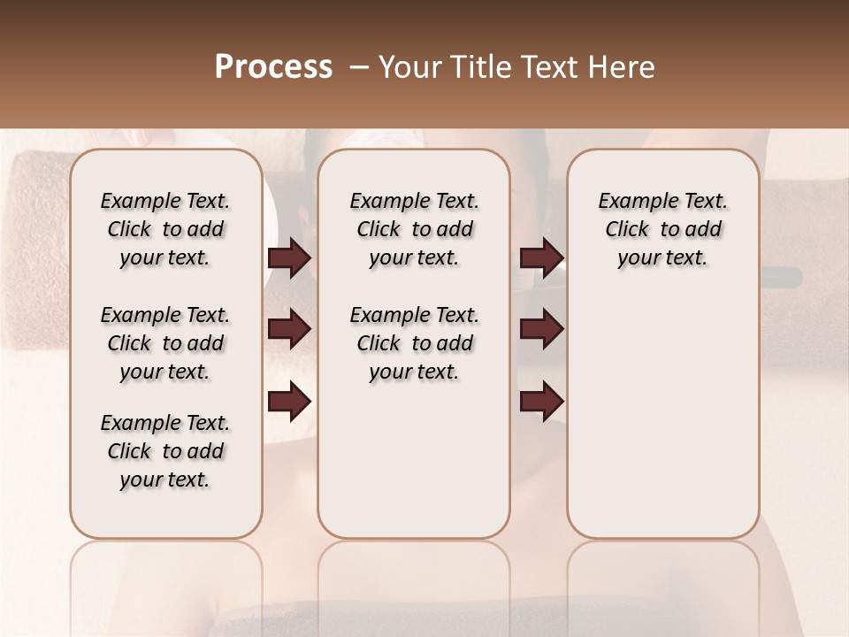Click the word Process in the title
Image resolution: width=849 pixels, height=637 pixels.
pos(273,67)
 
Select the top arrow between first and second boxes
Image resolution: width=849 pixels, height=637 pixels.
pos(289,258)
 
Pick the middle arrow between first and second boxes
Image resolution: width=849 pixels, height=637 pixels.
pos(289,329)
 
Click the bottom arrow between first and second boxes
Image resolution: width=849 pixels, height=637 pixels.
pos(289,401)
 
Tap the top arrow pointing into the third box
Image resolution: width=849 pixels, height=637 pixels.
pos(541,258)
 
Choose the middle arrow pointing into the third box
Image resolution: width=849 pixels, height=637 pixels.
pos(541,329)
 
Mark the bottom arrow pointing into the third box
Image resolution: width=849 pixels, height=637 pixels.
pos(541,401)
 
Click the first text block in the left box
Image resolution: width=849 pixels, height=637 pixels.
pos(165,229)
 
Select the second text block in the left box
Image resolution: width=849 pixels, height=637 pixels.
pos(165,343)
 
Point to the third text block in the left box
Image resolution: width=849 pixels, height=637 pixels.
pos(165,451)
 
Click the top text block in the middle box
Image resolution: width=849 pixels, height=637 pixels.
pos(414,229)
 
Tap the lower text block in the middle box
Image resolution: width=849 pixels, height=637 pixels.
pos(414,343)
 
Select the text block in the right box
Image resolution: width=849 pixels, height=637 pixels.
pos(663,229)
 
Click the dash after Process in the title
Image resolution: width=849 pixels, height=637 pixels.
pos(358,67)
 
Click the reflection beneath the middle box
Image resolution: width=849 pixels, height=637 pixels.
pos(414,584)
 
